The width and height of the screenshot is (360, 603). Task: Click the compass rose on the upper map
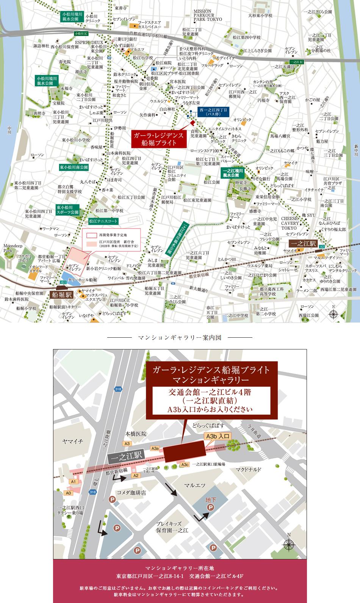coord(333,313)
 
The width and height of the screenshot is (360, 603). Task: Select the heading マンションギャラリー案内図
coord(180,337)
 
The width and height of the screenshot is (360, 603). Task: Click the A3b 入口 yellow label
coord(218,436)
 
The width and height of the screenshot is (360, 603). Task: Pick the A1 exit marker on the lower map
coord(74,481)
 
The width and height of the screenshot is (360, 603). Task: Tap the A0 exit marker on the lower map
coord(68,493)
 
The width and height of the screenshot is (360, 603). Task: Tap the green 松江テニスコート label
coord(103,221)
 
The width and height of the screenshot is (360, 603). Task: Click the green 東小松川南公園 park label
coord(74,167)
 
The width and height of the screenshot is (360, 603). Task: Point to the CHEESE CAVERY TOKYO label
coord(290,224)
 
